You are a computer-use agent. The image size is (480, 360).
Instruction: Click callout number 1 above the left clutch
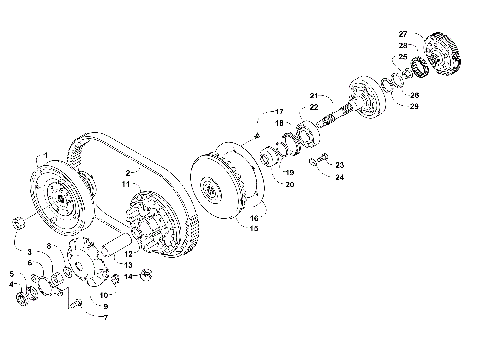[44, 156]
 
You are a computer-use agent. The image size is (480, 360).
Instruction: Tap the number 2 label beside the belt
[129, 173]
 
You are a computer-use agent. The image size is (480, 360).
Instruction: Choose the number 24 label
[339, 177]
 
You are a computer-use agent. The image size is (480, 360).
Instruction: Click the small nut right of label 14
[146, 273]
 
